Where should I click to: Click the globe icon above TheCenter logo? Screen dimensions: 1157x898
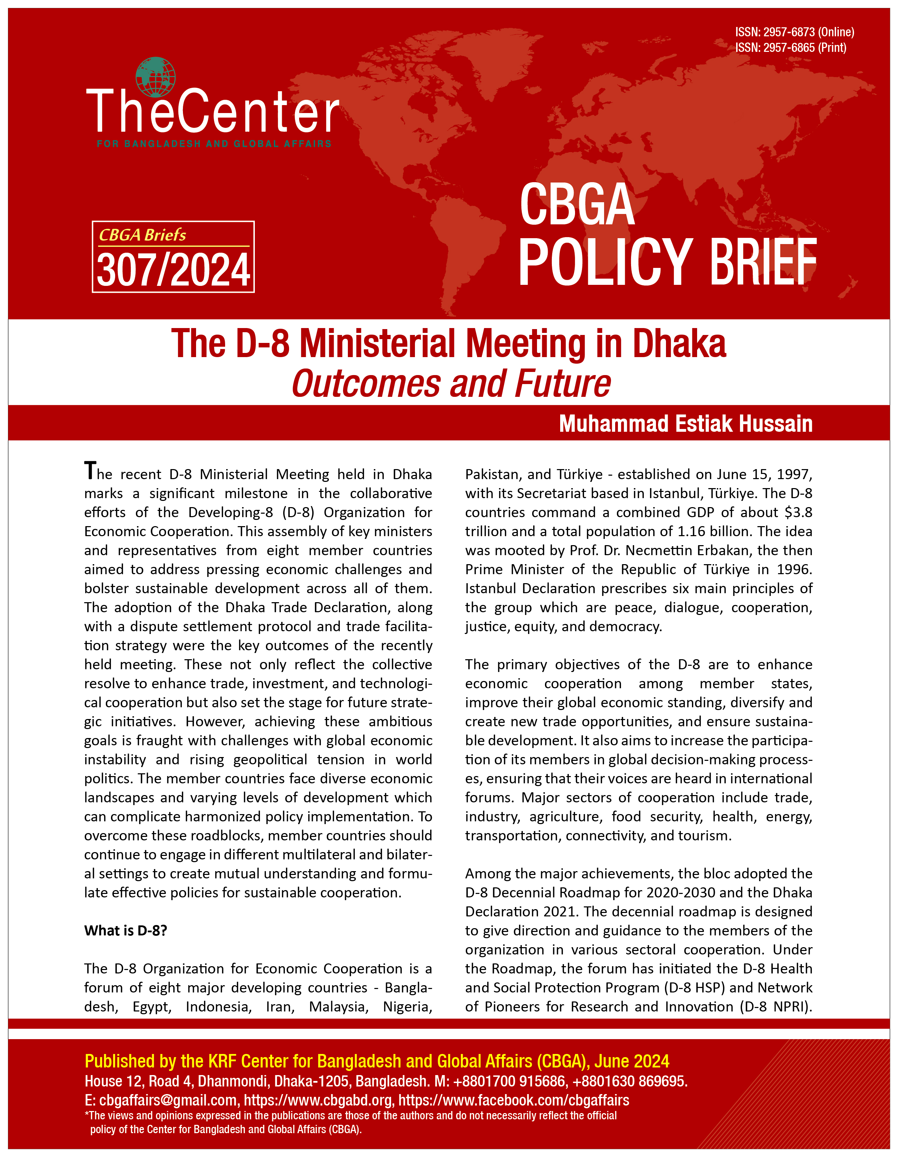click(x=155, y=76)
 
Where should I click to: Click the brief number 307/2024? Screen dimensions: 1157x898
click(x=173, y=270)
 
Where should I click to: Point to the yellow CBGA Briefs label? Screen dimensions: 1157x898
click(x=142, y=235)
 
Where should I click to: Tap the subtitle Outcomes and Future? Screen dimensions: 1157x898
click(x=451, y=384)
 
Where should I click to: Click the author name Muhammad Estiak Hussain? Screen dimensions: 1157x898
click(x=686, y=424)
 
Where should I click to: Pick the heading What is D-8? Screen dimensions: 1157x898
click(x=126, y=931)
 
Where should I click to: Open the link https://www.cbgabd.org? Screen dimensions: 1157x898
click(x=318, y=1100)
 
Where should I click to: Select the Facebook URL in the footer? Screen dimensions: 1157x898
click(x=513, y=1100)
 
